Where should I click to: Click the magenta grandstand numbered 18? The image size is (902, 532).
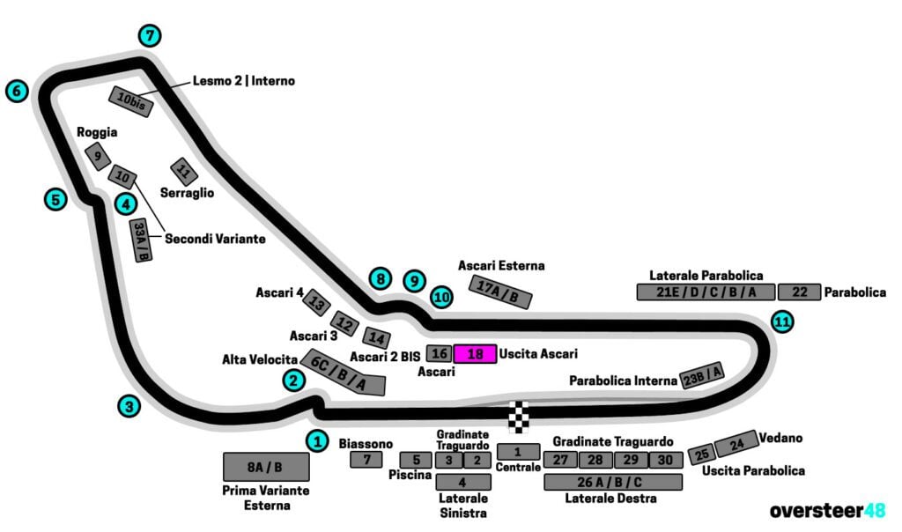pyautogui.click(x=475, y=354)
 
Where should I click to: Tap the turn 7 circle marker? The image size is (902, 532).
pyautogui.click(x=151, y=36)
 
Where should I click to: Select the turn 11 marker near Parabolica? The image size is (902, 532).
pyautogui.click(x=781, y=322)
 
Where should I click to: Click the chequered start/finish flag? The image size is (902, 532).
pyautogui.click(x=521, y=417)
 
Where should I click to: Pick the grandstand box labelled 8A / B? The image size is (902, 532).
pyautogui.click(x=266, y=466)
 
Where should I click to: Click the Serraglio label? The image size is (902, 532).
pyautogui.click(x=187, y=192)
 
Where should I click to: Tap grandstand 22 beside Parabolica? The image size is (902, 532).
pyautogui.click(x=799, y=292)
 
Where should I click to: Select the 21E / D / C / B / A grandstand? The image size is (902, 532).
pyautogui.click(x=705, y=292)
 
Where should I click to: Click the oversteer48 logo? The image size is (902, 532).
pyautogui.click(x=828, y=511)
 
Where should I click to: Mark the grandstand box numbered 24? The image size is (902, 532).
pyautogui.click(x=736, y=443)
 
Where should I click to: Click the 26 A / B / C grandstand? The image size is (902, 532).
pyautogui.click(x=613, y=482)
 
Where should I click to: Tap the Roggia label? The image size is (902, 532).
pyautogui.click(x=97, y=133)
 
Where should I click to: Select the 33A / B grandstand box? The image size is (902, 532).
pyautogui.click(x=140, y=240)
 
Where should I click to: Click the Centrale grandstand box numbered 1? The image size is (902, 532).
pyautogui.click(x=518, y=451)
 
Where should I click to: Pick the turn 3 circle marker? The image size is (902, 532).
pyautogui.click(x=129, y=406)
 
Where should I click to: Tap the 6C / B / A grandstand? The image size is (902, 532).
pyautogui.click(x=343, y=372)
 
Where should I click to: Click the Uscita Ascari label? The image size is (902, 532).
pyautogui.click(x=538, y=354)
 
